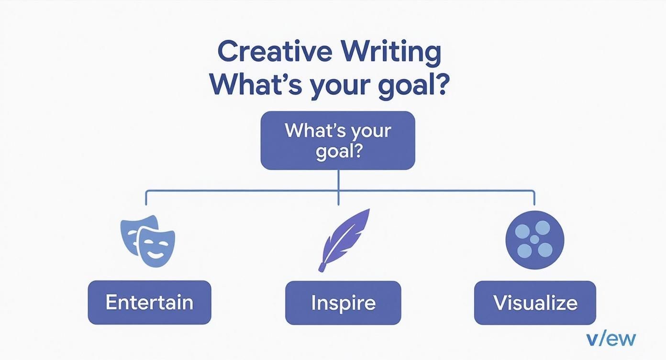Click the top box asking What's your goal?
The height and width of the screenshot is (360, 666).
pos(338,140)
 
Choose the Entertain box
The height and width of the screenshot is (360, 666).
pos(149,303)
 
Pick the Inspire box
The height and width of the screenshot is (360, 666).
pos(343,303)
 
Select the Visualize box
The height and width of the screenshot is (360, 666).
pos(535,303)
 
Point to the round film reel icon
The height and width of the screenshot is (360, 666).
pos(534,240)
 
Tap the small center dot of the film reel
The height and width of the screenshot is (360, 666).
pos(534,239)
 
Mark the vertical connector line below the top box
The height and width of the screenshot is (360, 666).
pos(338,187)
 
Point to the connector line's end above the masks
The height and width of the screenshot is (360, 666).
pos(146,203)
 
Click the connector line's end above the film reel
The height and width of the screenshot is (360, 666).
pos(534,203)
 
